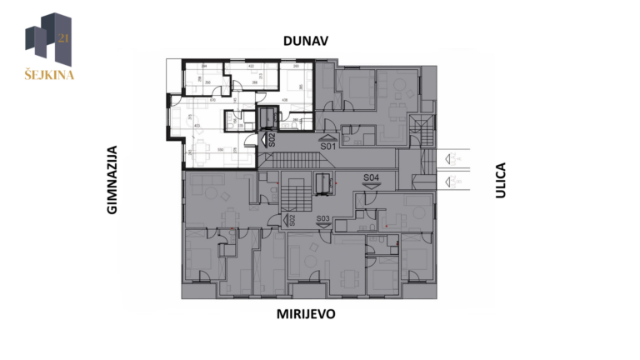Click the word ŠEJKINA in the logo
(47, 74)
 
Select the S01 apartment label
(327, 146)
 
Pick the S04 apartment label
(372, 177)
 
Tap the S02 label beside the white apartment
(272, 139)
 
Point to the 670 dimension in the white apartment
(213, 100)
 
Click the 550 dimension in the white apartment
(220, 150)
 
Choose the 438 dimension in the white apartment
(284, 101)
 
